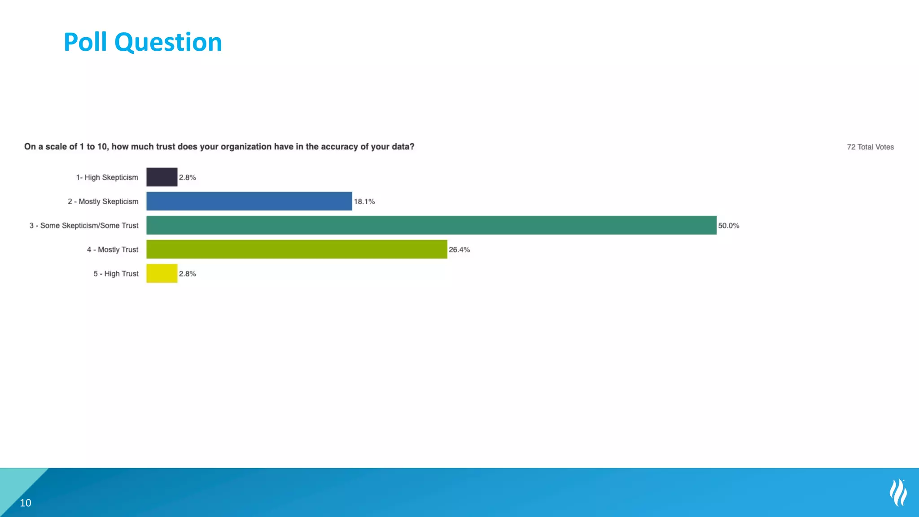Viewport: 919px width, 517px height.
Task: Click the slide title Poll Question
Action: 143,42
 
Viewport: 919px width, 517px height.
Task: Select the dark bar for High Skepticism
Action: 162,177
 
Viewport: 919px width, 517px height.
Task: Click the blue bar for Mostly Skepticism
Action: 249,201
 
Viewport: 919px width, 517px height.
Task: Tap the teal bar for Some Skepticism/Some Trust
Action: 431,225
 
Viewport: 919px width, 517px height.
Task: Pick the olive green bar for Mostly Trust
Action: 296,250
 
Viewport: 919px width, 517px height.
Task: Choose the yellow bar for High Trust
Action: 162,273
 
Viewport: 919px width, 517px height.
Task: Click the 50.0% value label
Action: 728,226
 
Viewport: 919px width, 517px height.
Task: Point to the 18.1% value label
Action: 364,202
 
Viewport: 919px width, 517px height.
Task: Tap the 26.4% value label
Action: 459,250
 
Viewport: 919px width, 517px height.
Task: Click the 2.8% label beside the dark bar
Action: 188,177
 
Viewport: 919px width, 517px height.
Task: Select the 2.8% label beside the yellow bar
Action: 188,274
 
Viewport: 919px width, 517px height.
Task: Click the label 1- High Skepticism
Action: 107,177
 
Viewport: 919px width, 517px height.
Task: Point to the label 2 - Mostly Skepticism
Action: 103,202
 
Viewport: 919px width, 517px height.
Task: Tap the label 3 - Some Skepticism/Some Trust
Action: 84,226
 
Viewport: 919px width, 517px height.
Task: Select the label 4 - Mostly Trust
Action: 113,250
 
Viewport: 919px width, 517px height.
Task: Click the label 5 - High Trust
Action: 116,274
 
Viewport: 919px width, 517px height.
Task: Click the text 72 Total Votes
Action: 870,147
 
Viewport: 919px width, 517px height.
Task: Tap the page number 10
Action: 26,503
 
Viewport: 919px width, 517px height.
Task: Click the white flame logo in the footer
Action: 898,492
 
